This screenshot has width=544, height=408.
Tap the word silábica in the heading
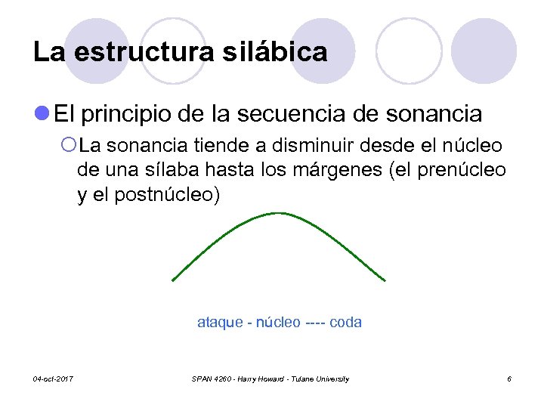coord(283,52)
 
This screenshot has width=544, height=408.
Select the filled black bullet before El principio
coord(43,114)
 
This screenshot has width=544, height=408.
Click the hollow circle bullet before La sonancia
coord(68,144)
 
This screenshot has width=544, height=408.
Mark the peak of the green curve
coord(278,214)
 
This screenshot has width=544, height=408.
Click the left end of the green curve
coord(174,280)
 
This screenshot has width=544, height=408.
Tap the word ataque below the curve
coord(219,323)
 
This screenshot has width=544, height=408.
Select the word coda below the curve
coord(346,323)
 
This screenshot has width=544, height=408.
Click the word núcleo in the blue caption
coord(278,323)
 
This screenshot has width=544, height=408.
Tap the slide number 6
coord(509,379)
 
